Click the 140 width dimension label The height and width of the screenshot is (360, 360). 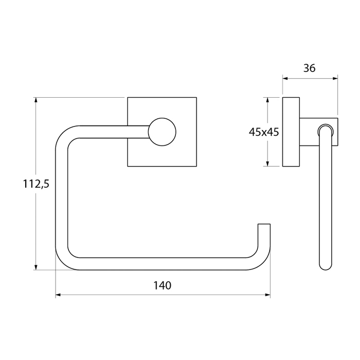coord(162,285)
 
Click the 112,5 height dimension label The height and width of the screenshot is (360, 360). coord(36,184)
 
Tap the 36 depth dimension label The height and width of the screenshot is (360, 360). coord(309,68)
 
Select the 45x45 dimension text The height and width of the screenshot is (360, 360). coord(264,132)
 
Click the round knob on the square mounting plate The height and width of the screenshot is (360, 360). coord(162,132)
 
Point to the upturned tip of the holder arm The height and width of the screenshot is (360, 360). coord(264,224)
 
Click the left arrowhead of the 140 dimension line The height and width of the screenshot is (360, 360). coord(58,295)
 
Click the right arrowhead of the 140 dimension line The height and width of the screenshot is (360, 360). coord(268,295)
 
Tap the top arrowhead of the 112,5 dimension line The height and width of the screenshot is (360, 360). coord(35,100)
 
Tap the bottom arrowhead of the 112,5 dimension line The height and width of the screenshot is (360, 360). coord(35,267)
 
